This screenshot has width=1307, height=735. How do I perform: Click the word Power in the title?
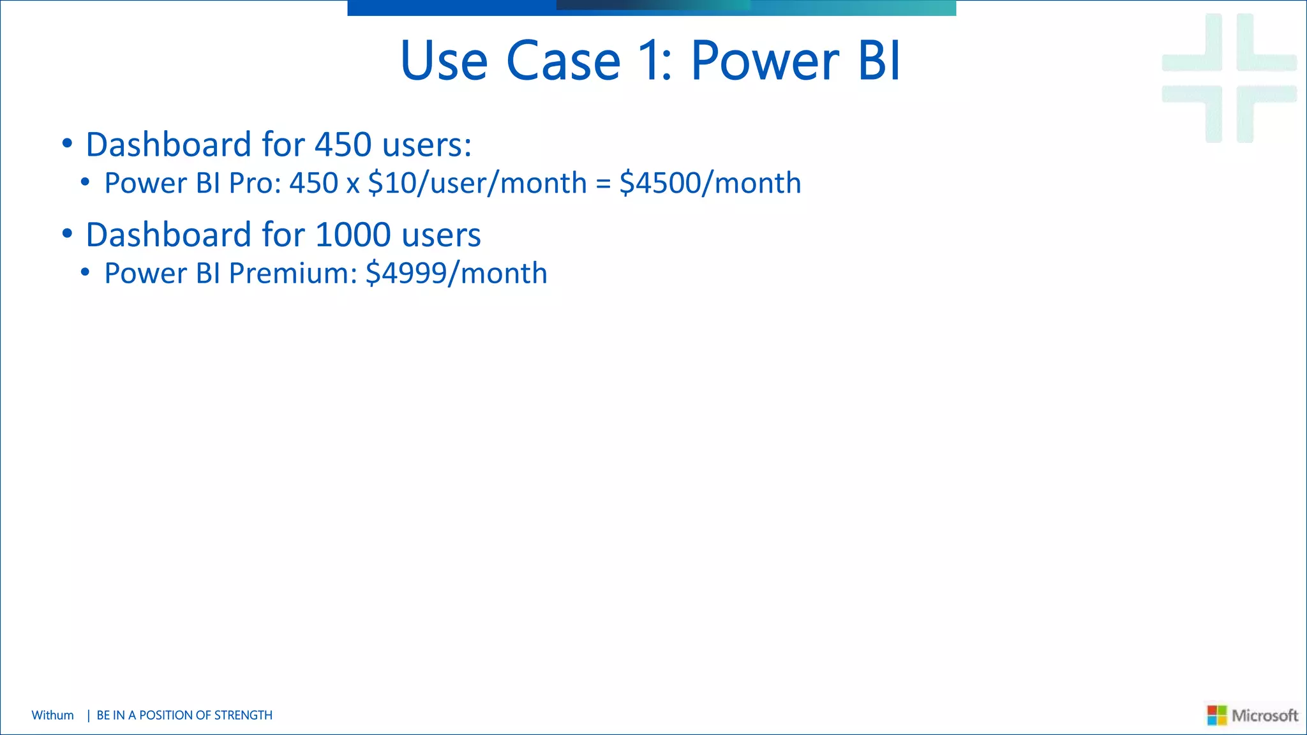click(765, 61)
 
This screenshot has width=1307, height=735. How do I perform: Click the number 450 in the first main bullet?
click(343, 145)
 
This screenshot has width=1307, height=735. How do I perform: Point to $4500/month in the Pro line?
click(710, 184)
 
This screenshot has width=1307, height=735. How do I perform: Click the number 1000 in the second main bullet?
click(353, 235)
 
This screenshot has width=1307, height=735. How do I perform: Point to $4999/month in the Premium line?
click(456, 274)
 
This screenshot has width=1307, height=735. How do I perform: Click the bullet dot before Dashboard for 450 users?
click(67, 143)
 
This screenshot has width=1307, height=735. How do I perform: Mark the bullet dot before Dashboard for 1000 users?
click(67, 233)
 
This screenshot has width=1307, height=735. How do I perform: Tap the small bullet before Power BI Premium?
click(85, 273)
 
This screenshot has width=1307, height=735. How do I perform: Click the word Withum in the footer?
click(52, 715)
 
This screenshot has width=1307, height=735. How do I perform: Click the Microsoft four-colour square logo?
click(1216, 715)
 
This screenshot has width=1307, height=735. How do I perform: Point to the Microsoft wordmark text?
click(1264, 715)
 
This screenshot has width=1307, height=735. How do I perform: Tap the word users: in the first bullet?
click(427, 145)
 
